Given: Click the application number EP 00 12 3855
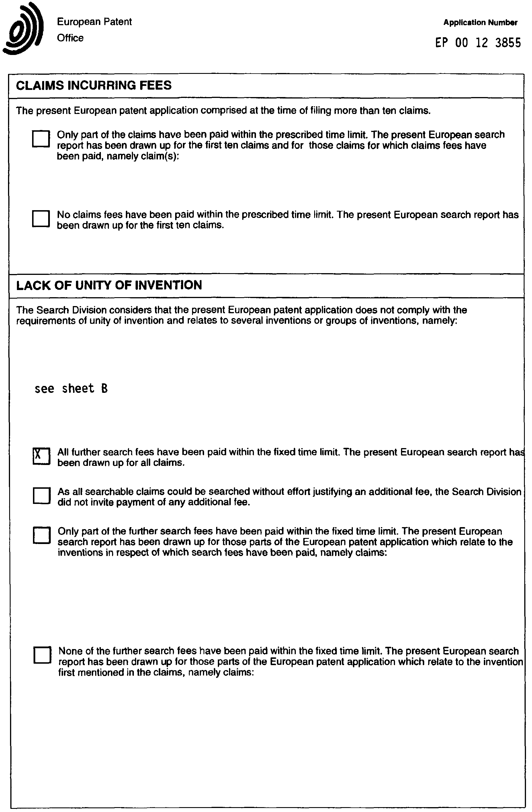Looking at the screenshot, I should (x=478, y=43).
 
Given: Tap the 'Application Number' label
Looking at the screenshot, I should (x=480, y=23).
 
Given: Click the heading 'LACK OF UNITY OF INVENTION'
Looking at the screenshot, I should (x=109, y=285).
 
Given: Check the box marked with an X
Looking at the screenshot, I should (x=41, y=456).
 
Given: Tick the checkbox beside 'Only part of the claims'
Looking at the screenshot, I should (x=41, y=139).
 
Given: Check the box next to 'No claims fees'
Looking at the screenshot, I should (x=41, y=219).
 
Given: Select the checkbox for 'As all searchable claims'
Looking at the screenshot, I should (x=42, y=495).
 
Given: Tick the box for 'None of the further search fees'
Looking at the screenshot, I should (x=42, y=655).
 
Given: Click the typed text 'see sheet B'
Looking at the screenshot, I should (x=71, y=389).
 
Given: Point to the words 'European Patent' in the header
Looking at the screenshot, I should (x=94, y=22).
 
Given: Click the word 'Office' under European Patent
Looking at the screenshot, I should (x=70, y=38).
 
